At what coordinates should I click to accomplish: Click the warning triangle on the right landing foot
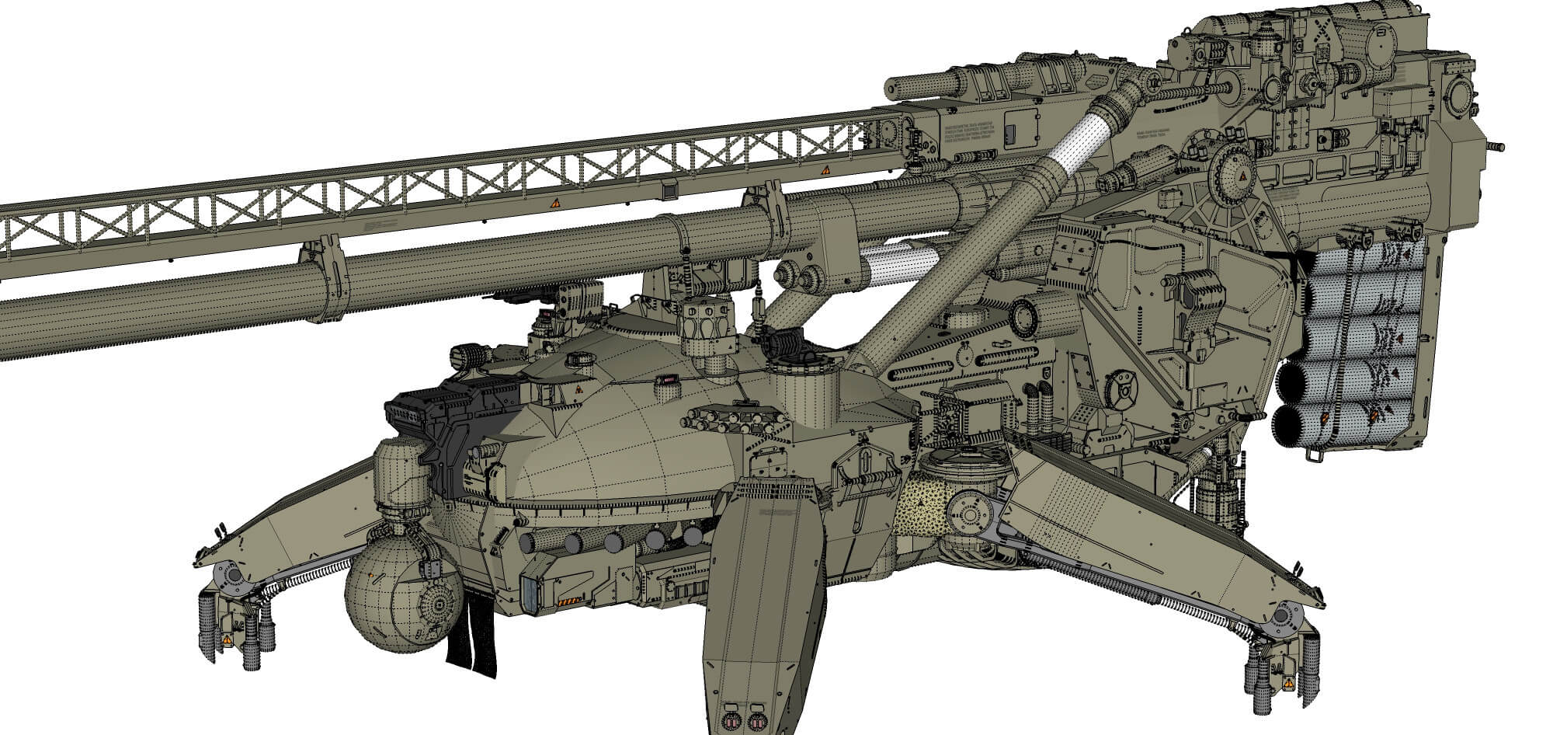coord(1287,684)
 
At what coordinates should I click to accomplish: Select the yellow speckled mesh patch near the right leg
coord(924,509)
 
